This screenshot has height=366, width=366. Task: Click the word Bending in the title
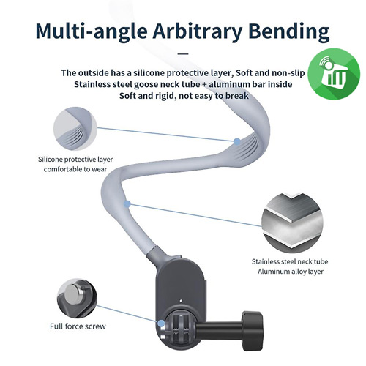click(290, 32)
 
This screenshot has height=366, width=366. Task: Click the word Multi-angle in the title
click(91, 32)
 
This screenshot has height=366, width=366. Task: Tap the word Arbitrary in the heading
click(198, 32)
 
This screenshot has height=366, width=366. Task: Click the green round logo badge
click(333, 74)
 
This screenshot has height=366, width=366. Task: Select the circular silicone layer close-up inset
click(75, 129)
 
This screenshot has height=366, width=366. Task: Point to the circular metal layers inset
click(292, 221)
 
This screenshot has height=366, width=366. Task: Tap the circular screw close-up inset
click(77, 299)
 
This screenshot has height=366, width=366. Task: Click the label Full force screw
click(78, 326)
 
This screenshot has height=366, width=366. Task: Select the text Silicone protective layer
click(75, 160)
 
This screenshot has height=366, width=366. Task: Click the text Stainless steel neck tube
click(290, 261)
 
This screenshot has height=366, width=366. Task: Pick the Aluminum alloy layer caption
click(291, 272)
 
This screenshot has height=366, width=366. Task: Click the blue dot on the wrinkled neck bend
click(237, 141)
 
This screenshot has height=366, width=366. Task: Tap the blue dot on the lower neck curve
click(127, 204)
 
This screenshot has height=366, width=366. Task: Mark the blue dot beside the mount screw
click(161, 324)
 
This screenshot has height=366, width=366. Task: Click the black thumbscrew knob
click(253, 331)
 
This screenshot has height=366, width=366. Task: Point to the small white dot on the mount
click(181, 301)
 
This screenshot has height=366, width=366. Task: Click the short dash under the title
click(183, 53)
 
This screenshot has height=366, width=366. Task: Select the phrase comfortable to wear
click(75, 169)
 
